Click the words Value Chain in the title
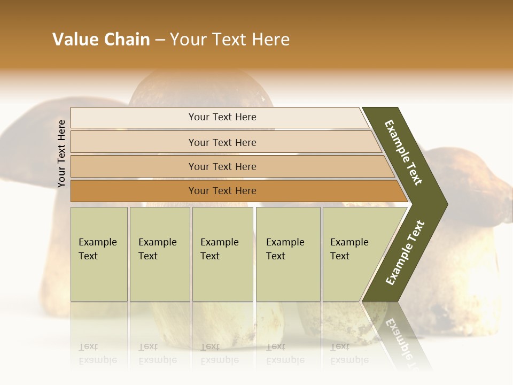pyautogui.click(x=101, y=40)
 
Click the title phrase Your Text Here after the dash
pyautogui.click(x=230, y=40)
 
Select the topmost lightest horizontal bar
pyautogui.click(x=222, y=117)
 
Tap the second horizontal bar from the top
pyautogui.click(x=222, y=142)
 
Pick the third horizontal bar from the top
pyautogui.click(x=222, y=166)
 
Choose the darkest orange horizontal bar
pyautogui.click(x=222, y=191)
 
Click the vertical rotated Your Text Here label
pyautogui.click(x=61, y=153)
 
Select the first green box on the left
pyautogui.click(x=99, y=254)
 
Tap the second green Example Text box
pyautogui.click(x=159, y=254)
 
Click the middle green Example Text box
pyautogui.click(x=222, y=254)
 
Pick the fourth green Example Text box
pyautogui.click(x=287, y=254)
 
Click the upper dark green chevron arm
pyautogui.click(x=405, y=152)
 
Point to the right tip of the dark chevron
pyautogui.click(x=445, y=204)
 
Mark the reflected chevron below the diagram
pyautogui.click(x=395, y=334)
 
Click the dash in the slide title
pyautogui.click(x=160, y=40)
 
